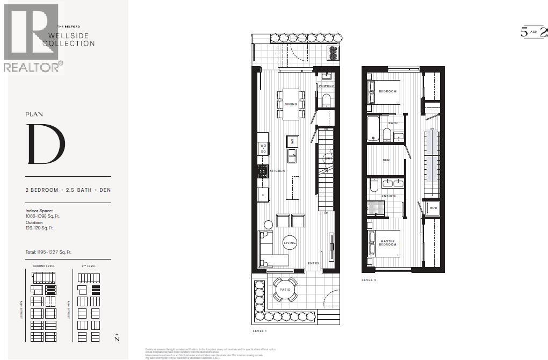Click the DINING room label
pos(291,104)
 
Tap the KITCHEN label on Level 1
pos(277,171)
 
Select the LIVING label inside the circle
pos(290,243)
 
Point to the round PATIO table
pos(284,290)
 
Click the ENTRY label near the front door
pos(313,263)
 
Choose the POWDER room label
pos(326,86)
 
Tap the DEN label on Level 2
pos(386,160)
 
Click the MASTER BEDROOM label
pos(387,243)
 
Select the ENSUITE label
pos(389,196)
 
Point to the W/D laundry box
pos(433,207)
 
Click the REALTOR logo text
pos(32,67)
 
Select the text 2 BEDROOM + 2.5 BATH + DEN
pos(68,190)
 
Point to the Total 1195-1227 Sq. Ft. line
pos(49,252)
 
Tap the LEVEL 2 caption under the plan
pos(370,280)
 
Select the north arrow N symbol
pos(117,338)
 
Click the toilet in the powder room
pos(326,100)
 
